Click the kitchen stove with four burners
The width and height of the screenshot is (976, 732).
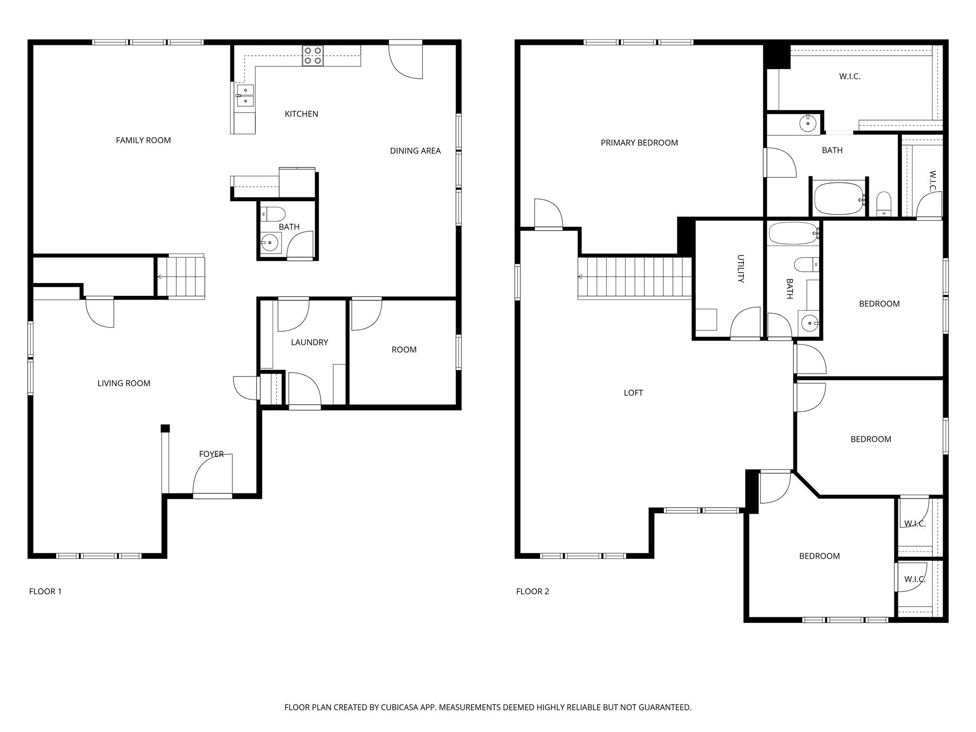pyautogui.click(x=313, y=55)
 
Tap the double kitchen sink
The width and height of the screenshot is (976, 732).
pyautogui.click(x=245, y=95)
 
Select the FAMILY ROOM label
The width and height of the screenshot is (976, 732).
pyautogui.click(x=143, y=140)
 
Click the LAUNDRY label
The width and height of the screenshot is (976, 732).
pyautogui.click(x=309, y=342)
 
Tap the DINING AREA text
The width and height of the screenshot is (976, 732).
pyautogui.click(x=415, y=151)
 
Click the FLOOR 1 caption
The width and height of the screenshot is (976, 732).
pyautogui.click(x=45, y=591)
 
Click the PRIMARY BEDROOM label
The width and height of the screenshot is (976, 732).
pyautogui.click(x=639, y=142)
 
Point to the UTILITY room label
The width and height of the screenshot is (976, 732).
pyautogui.click(x=741, y=269)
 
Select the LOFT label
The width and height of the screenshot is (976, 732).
pyautogui.click(x=633, y=393)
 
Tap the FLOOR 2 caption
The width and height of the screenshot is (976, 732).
pyautogui.click(x=532, y=591)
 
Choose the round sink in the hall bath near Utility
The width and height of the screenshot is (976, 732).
pyautogui.click(x=810, y=324)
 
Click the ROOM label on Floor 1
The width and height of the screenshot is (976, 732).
pyautogui.click(x=404, y=350)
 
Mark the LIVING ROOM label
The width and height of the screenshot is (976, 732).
pyautogui.click(x=123, y=383)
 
